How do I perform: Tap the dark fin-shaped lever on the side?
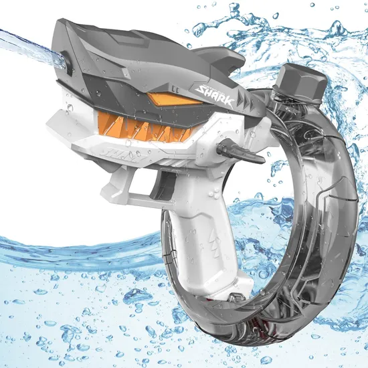[x=240, y=151]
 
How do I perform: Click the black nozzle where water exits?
[x=68, y=63]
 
